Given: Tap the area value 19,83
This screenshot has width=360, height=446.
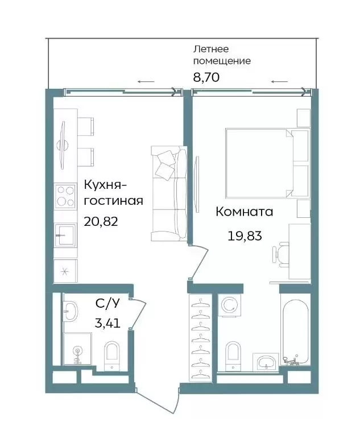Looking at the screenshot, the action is coord(245,236).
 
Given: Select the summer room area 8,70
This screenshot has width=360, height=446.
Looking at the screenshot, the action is coord(206,77).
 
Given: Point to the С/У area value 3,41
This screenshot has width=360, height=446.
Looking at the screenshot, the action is coord(107,323).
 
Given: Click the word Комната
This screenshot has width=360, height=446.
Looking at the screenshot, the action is coord(245,212).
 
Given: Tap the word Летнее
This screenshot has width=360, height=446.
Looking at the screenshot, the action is coord(211,49).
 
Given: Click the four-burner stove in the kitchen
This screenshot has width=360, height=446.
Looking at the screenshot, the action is coord(65,196).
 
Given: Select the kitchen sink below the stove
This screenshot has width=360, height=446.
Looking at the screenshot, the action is coord(65,235).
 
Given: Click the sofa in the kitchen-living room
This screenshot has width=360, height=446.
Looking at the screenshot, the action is coord(169,193).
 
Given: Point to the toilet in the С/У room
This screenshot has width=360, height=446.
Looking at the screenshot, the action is coord(111,356).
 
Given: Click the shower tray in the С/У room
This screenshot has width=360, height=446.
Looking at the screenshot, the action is coord(77,349).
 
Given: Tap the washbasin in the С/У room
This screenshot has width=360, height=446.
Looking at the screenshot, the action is coord(71,312).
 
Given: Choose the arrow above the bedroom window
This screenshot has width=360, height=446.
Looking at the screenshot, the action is coord(279,82).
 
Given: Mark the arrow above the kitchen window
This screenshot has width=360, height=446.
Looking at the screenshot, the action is coord(146,82).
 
